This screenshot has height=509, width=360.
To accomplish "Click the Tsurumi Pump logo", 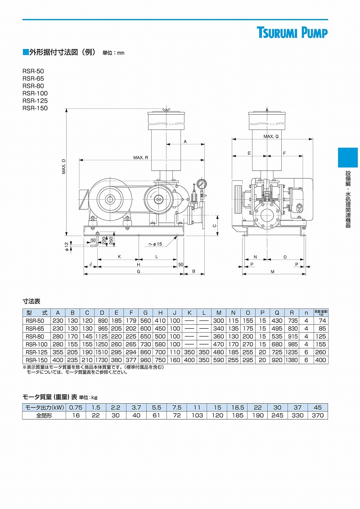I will [x=292, y=33].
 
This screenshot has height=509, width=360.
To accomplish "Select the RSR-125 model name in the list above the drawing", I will [x=35, y=101].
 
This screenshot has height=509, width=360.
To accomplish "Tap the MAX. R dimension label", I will [x=140, y=157].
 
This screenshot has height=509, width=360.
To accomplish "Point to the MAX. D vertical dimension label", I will [x=64, y=166].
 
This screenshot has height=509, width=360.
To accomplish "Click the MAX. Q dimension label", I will [x=271, y=136].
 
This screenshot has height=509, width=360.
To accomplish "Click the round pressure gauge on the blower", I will [x=201, y=183].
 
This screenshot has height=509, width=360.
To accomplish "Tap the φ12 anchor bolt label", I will [x=67, y=246].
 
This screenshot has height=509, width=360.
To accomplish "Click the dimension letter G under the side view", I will [x=139, y=272].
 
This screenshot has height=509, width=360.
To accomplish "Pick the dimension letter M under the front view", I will [x=272, y=272].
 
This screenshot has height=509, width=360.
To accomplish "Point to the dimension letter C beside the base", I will [x=215, y=226].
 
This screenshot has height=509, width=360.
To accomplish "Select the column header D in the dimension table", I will [x=102, y=313].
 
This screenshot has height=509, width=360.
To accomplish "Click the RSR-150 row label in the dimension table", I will [x=36, y=360].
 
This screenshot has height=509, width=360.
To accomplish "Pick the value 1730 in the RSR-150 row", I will [x=102, y=360].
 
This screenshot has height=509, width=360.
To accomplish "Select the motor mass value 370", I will [x=318, y=415].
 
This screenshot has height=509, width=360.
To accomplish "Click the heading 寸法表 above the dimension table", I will [x=31, y=301].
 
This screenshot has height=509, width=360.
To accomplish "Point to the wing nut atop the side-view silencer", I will [x=165, y=110].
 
